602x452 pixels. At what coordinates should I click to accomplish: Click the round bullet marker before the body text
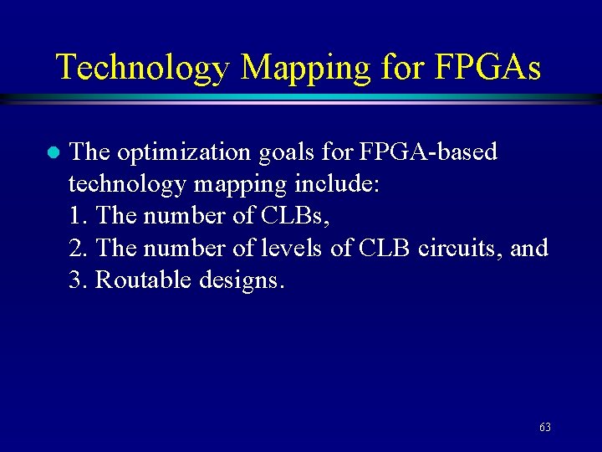pos(51,152)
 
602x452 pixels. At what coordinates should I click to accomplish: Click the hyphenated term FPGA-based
pos(427,152)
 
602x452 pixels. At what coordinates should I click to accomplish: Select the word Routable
pos(144,280)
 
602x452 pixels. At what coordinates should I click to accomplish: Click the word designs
pos(242,280)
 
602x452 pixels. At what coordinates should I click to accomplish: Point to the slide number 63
pos(544,427)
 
